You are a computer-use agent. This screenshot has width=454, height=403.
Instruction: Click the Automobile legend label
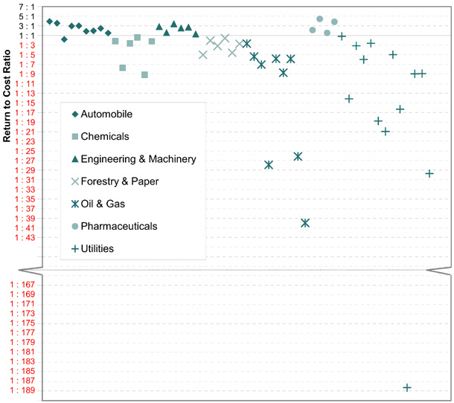pos(106,114)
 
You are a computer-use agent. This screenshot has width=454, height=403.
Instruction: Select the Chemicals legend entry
pos(104,136)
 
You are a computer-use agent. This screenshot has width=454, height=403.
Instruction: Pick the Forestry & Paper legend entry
pos(119,181)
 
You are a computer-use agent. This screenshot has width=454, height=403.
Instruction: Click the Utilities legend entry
pos(97,248)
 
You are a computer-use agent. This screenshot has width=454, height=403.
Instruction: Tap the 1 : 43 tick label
pos(22,237)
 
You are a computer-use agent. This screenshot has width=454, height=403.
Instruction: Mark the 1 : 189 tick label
pos(22,390)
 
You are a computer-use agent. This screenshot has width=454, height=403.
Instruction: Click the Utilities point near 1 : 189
pos(407,387)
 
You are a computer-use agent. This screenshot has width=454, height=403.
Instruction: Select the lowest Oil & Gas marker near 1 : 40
pos(305,222)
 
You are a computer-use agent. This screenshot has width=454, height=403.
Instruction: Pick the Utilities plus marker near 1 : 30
pos(429,173)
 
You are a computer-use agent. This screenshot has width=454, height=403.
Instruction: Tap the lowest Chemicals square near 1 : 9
pos(144,74)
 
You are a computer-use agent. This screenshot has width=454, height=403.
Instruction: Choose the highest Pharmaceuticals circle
pos(320,19)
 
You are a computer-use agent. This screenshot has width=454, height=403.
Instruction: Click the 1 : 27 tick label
pos(22,161)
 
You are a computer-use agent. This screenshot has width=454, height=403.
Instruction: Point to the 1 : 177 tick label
pos(22,332)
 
